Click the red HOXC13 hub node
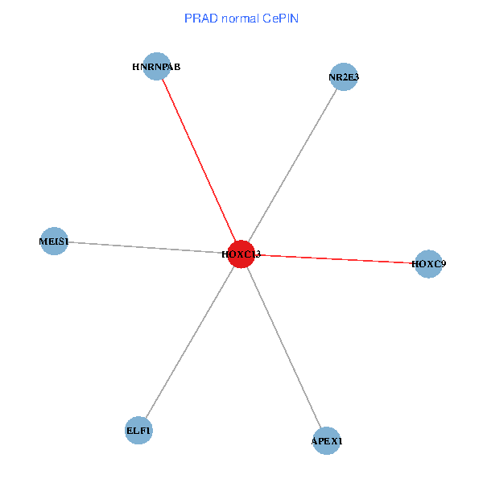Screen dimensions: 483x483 (242, 254)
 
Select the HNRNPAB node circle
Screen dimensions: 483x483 (157, 68)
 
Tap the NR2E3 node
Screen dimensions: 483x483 (344, 77)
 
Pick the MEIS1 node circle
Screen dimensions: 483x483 (54, 242)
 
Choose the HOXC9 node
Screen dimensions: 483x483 (428, 263)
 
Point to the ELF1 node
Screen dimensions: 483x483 (138, 431)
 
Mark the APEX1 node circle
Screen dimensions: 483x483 (327, 441)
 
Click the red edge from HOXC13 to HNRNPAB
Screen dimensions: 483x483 (199, 160)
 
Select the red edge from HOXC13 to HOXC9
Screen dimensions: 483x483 (338, 259)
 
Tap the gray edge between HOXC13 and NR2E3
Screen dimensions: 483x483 (293, 165)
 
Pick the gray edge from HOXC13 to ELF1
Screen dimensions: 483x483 (190, 343)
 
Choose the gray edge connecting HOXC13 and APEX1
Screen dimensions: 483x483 (284, 348)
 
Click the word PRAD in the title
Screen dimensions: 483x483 (198, 18)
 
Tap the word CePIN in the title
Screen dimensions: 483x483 (279, 18)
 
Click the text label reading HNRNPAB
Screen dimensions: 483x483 (156, 68)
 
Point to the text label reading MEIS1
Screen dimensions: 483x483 (54, 242)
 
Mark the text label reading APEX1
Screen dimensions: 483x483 (327, 442)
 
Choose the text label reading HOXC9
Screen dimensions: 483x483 (428, 263)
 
